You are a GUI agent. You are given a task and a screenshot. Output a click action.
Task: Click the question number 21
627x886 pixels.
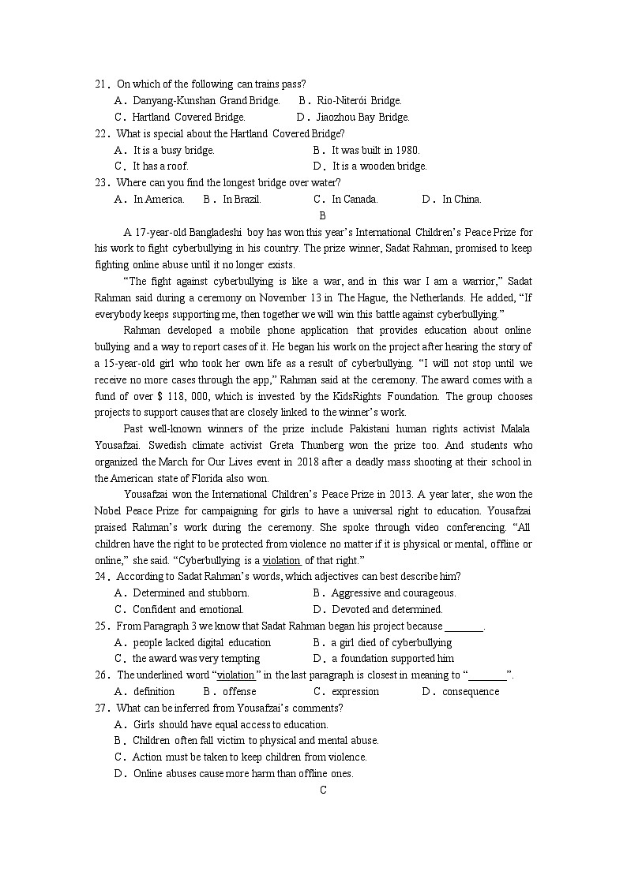tap(101, 84)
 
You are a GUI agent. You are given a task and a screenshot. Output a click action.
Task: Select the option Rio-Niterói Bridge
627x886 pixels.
tap(359, 101)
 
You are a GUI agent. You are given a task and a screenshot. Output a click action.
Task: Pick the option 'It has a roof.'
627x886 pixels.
tap(160, 166)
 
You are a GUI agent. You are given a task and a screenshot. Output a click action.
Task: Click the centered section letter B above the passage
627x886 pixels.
tap(322, 215)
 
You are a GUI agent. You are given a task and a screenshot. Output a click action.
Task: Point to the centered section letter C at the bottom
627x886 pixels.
tap(322, 790)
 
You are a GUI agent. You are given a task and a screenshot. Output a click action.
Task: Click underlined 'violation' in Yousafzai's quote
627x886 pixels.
tap(281, 561)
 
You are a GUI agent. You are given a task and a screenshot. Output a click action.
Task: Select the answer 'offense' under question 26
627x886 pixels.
tap(239, 692)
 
